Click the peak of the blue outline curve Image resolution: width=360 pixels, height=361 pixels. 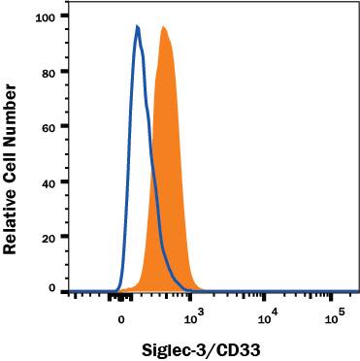pos(138,27)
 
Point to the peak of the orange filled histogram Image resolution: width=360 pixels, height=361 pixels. pos(164,28)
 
